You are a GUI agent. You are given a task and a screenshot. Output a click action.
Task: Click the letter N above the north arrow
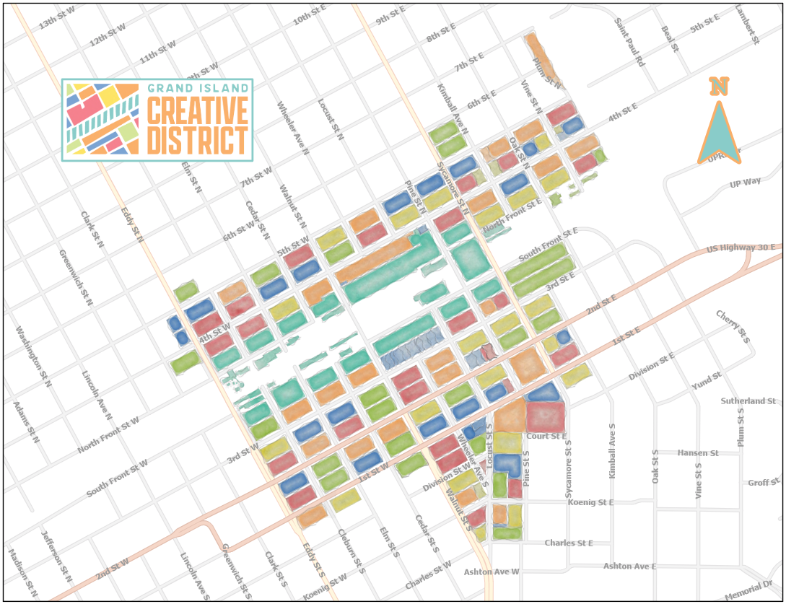(718, 86)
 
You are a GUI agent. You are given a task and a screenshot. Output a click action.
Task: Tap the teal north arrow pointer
(719, 134)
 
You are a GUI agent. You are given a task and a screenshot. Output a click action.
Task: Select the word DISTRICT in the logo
(198, 140)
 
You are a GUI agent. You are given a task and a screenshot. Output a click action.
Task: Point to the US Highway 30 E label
(741, 248)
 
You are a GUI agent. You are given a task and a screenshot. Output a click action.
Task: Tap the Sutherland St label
(748, 401)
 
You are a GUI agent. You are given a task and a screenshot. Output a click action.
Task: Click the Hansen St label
(698, 453)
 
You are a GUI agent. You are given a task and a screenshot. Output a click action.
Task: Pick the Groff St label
(764, 482)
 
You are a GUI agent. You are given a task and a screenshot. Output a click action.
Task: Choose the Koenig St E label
(590, 502)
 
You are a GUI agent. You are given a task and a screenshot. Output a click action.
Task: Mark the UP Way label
(745, 183)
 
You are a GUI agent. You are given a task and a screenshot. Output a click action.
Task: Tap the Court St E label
(546, 436)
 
